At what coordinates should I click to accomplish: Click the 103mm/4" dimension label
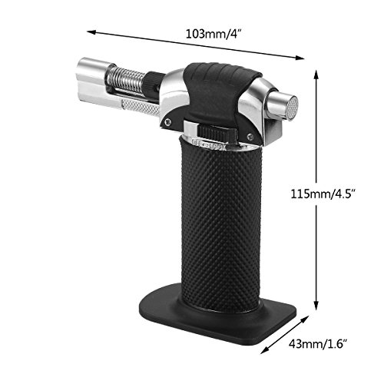(x=214, y=34)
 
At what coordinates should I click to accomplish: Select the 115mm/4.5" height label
(x=323, y=194)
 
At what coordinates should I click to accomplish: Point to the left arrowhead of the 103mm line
(x=91, y=32)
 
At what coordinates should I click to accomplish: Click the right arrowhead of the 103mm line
(x=300, y=58)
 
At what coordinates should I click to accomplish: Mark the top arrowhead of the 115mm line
(x=316, y=74)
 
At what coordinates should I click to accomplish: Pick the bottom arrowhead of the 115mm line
(x=316, y=306)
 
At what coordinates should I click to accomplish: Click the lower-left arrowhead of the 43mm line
(x=264, y=350)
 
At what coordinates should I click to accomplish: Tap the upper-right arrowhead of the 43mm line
(x=304, y=319)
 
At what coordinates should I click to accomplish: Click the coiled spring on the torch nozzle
(x=127, y=78)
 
